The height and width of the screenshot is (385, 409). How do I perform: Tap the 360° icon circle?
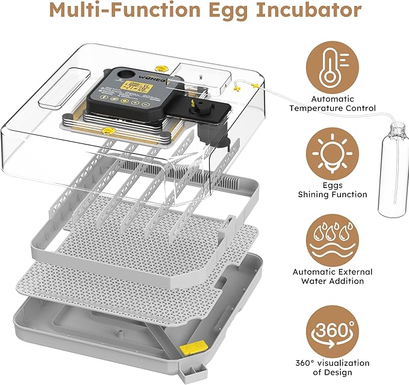click(x=329, y=330)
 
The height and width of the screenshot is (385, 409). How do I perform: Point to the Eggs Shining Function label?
click(x=332, y=190)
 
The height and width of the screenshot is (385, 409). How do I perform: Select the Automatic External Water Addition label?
click(x=333, y=277)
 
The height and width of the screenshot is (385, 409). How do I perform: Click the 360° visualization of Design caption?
click(x=333, y=368)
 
